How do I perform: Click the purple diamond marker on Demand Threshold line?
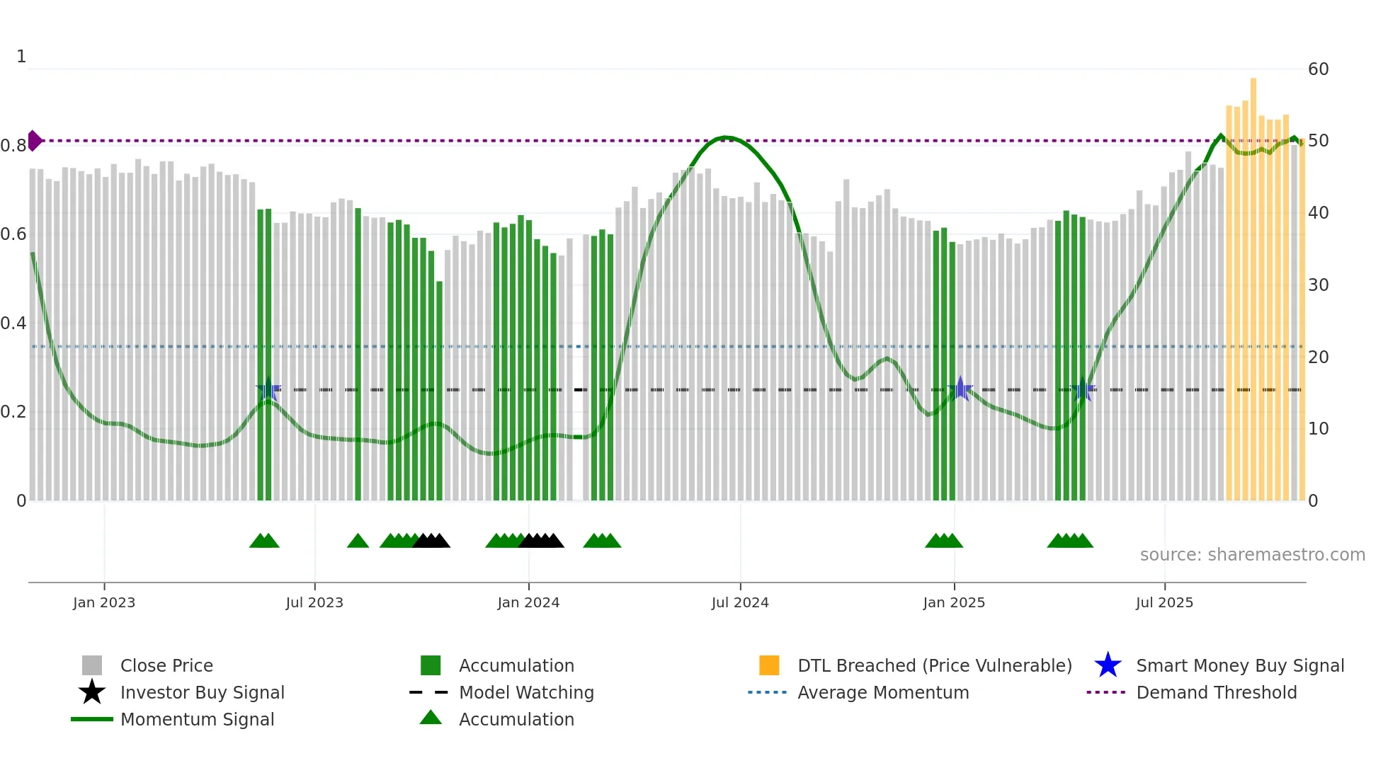[x=34, y=141]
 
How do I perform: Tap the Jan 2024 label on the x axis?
[x=528, y=602]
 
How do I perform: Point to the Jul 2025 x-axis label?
[x=1164, y=602]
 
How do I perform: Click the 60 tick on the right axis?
[x=1318, y=69]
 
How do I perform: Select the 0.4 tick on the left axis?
[x=13, y=323]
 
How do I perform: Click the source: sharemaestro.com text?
[x=1252, y=555]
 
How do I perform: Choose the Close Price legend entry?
[x=166, y=665]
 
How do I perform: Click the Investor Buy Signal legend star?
[x=92, y=692]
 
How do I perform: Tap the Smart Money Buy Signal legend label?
[x=1239, y=665]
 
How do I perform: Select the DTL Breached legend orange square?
[x=769, y=665]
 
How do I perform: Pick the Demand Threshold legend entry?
[x=1216, y=692]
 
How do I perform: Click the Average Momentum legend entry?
[x=882, y=692]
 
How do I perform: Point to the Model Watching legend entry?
[x=526, y=692]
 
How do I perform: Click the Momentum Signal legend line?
[x=92, y=719]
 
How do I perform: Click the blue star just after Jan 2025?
[x=960, y=389]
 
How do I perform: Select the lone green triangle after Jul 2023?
[x=358, y=541]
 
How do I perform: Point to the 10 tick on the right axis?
[x=1318, y=429]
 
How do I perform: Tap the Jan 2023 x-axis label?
[x=104, y=602]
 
